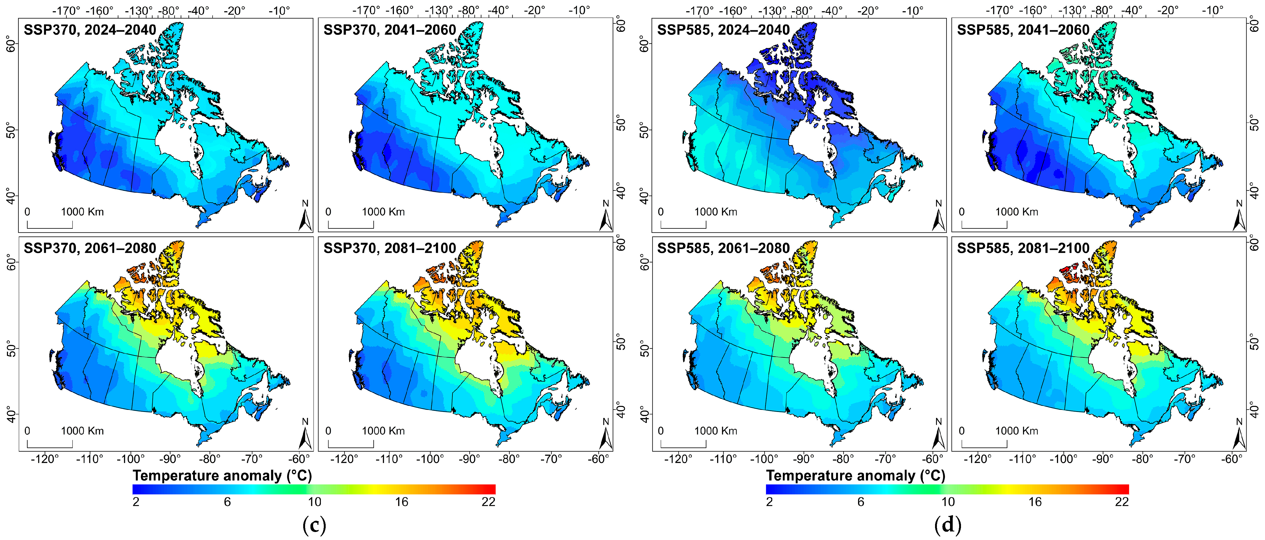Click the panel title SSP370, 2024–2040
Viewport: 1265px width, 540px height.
(90, 30)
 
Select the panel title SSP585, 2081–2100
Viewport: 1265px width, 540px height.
(1023, 248)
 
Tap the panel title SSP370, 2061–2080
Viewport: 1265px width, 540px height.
(90, 248)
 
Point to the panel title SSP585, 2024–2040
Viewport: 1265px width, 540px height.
(723, 30)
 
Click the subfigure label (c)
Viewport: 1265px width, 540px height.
(314, 525)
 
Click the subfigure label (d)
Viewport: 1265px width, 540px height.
(948, 525)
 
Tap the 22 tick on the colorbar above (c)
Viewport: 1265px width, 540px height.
(488, 502)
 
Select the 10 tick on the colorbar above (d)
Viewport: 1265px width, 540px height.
(948, 502)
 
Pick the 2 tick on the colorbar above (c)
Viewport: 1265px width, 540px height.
(136, 502)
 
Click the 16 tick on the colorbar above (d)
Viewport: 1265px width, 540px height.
(1035, 502)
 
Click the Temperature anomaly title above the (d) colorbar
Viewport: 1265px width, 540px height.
(855, 476)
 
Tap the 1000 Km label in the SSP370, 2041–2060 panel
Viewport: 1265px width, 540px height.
(383, 212)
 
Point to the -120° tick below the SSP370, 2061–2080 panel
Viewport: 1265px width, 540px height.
(45, 459)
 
